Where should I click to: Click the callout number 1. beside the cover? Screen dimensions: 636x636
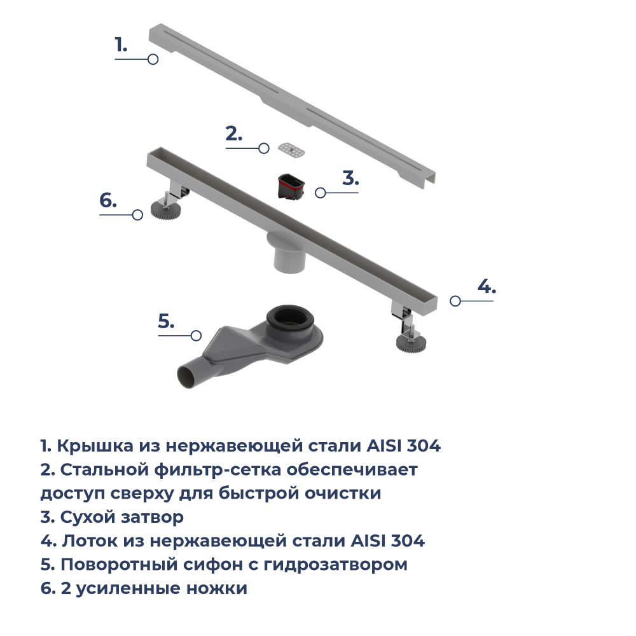(x=121, y=45)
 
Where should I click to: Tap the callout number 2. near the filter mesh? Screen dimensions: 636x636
(x=234, y=134)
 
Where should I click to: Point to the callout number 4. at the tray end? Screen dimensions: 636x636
(x=487, y=286)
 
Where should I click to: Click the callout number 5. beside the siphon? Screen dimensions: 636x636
(x=165, y=321)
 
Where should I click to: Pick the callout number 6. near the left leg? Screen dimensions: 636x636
(x=108, y=200)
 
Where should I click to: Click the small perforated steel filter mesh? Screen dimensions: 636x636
(x=292, y=149)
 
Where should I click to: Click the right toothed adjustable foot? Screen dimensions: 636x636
(x=410, y=342)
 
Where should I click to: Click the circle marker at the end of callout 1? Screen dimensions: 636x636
(x=153, y=59)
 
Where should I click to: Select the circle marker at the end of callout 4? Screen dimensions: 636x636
(x=455, y=301)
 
